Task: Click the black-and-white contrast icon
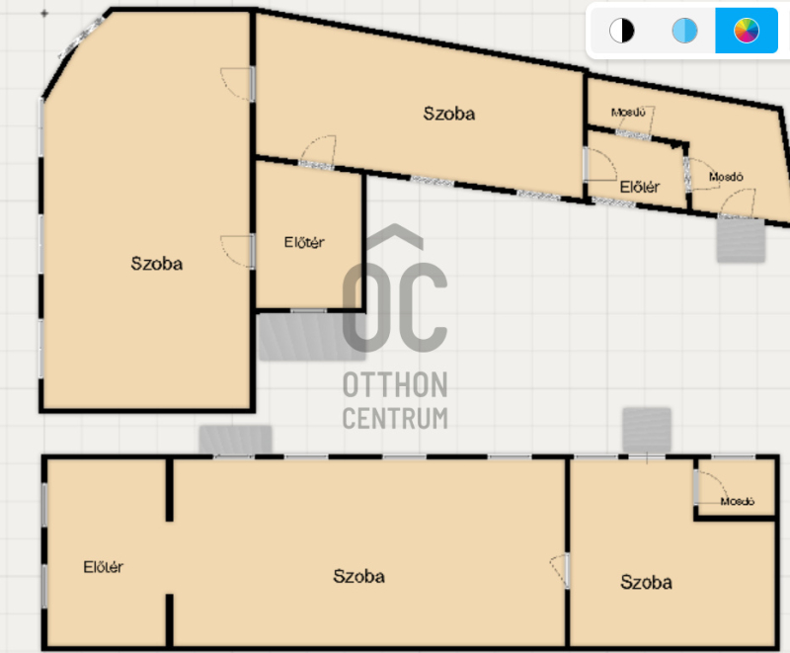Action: point(622,31)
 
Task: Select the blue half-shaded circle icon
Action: point(684,31)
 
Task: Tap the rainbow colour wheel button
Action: point(747,31)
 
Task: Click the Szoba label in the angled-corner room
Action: point(157,264)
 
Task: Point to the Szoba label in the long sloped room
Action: point(449,114)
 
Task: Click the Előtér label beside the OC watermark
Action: point(304,242)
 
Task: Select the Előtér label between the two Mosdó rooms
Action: point(639,187)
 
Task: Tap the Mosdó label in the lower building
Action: point(737,501)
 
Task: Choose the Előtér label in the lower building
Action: point(103,567)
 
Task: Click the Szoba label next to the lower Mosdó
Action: point(646,582)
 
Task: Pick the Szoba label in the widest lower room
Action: point(358,576)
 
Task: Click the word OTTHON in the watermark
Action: point(395,385)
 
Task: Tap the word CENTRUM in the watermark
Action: point(395,418)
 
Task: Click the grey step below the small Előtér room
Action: point(311,337)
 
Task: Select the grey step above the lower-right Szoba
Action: point(647,430)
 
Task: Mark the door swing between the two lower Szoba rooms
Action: point(557,570)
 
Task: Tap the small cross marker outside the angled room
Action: point(44,14)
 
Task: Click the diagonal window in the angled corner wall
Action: point(81,38)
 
